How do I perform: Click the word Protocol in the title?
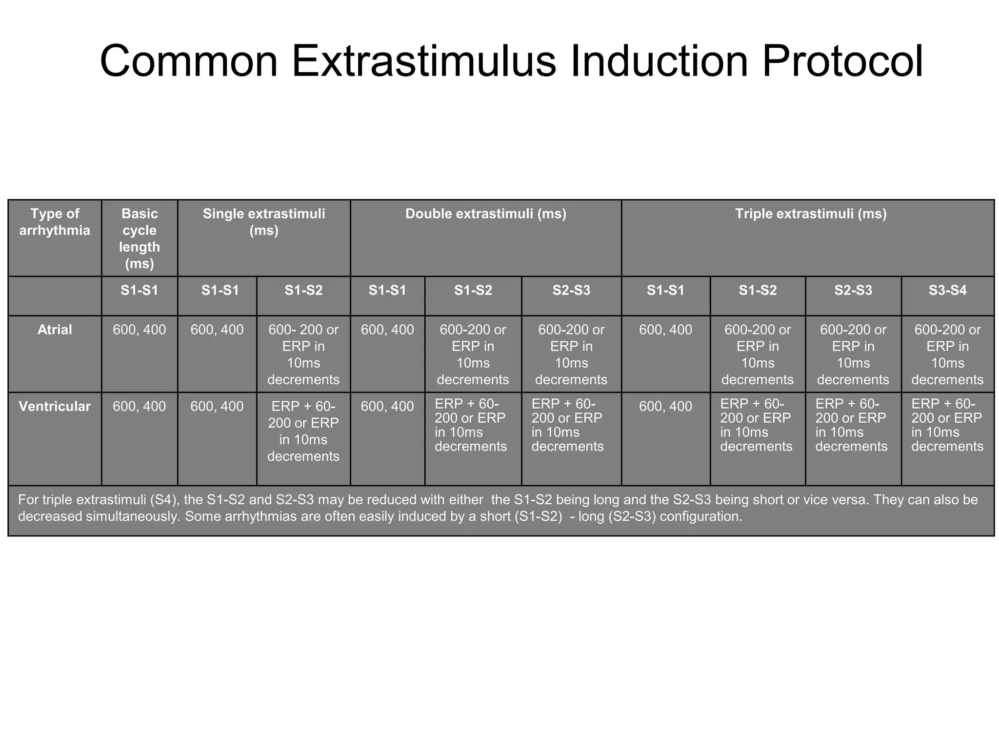point(842,62)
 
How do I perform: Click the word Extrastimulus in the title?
point(423,62)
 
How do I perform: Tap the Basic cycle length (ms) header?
point(140,238)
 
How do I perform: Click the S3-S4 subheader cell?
point(947,291)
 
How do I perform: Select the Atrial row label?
point(55,330)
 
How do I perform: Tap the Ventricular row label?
point(55,406)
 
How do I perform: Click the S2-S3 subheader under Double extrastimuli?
point(571,291)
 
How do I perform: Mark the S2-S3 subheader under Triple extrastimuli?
point(853,291)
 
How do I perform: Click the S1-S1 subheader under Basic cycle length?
point(140,291)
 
